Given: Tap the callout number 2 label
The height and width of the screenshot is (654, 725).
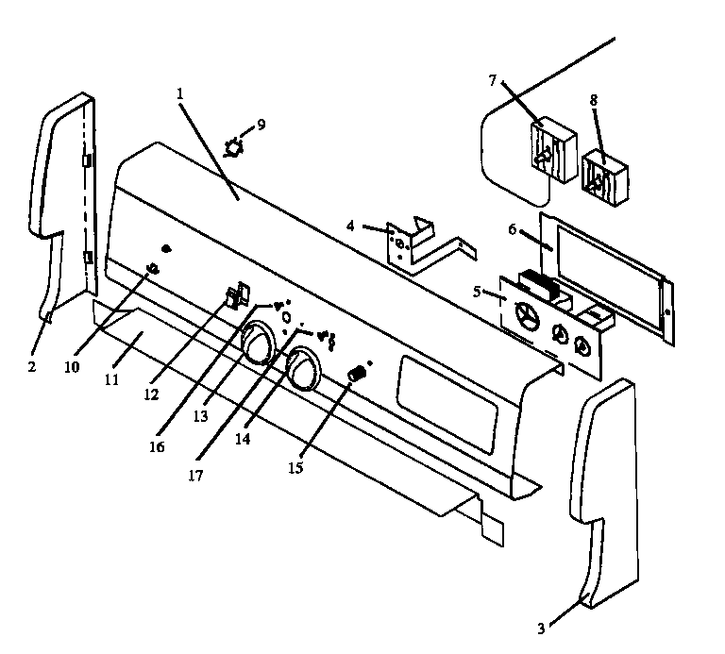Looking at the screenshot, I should pos(31,366).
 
